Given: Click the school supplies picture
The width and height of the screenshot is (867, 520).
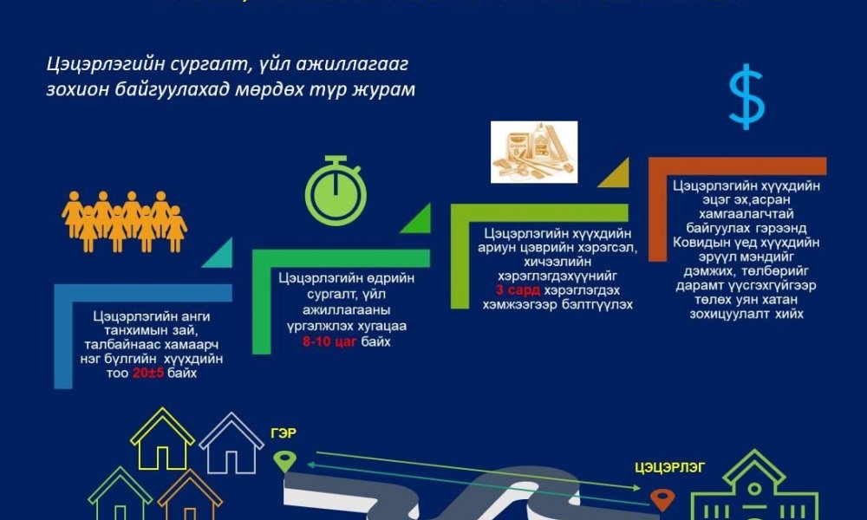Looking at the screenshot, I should point(528,151).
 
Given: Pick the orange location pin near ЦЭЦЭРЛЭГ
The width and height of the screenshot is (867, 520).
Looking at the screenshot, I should point(662,499).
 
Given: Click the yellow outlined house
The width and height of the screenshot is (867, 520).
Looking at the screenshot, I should point(162,439).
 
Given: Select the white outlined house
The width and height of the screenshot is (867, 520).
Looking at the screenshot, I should point(231,443).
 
